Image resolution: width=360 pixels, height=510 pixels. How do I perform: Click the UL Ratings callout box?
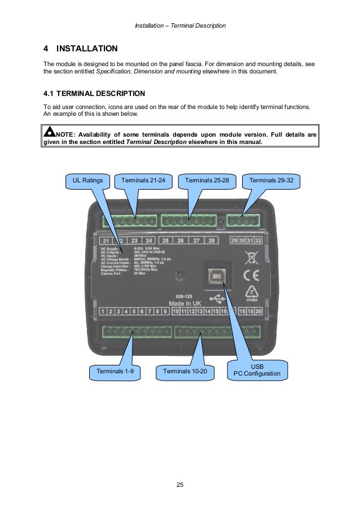(88, 181)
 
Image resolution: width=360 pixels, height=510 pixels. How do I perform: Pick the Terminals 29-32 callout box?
(271, 181)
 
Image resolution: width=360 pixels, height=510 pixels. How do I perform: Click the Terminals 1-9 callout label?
(115, 371)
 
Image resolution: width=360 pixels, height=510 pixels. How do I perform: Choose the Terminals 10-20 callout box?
(185, 371)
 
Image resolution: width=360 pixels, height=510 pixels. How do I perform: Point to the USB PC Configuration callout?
(257, 370)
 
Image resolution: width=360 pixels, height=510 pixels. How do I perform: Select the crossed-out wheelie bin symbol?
(251, 258)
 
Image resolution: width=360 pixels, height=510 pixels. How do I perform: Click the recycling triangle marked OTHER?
(251, 293)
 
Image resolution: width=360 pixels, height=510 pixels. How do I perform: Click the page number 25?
(180, 485)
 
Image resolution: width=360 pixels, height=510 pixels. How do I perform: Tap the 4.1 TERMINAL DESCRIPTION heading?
(94, 93)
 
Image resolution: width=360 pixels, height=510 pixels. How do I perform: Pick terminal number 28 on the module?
(212, 241)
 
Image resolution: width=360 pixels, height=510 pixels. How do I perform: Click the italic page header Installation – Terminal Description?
(181, 26)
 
